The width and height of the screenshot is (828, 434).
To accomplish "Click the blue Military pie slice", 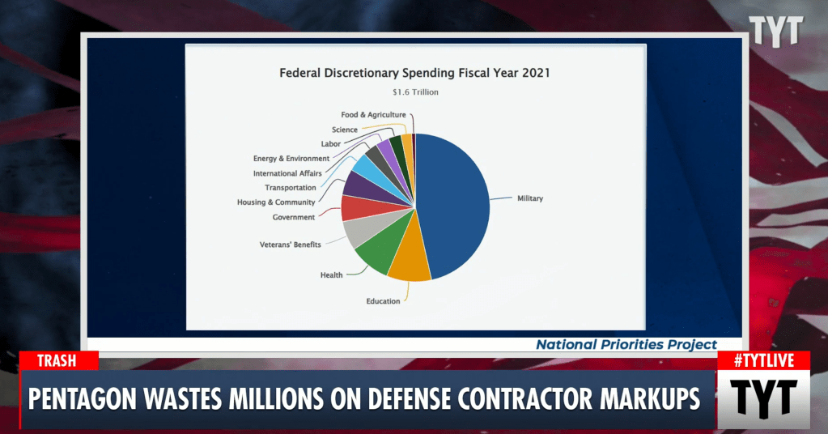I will pyautogui.click(x=453, y=202).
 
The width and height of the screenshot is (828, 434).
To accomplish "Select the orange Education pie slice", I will pyautogui.click(x=408, y=262).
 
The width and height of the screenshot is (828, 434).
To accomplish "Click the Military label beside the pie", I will pyautogui.click(x=530, y=198).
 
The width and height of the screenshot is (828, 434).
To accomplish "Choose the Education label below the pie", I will pyautogui.click(x=383, y=301).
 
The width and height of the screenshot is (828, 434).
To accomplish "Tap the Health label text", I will pyautogui.click(x=331, y=275).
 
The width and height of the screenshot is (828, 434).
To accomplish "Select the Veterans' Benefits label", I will pyautogui.click(x=290, y=245).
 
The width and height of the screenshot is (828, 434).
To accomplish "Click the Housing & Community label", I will pyautogui.click(x=276, y=202).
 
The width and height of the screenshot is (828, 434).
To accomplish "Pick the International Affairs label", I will pyautogui.click(x=287, y=173).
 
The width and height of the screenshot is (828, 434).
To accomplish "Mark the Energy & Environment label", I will pyautogui.click(x=291, y=159).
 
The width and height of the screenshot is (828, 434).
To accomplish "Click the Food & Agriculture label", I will pyautogui.click(x=373, y=115).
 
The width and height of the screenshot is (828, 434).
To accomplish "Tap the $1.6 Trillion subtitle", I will pyautogui.click(x=415, y=92).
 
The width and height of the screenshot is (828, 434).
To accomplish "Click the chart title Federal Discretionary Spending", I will pyautogui.click(x=414, y=73).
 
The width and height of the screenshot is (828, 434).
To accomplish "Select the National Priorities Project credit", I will pyautogui.click(x=626, y=345).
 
